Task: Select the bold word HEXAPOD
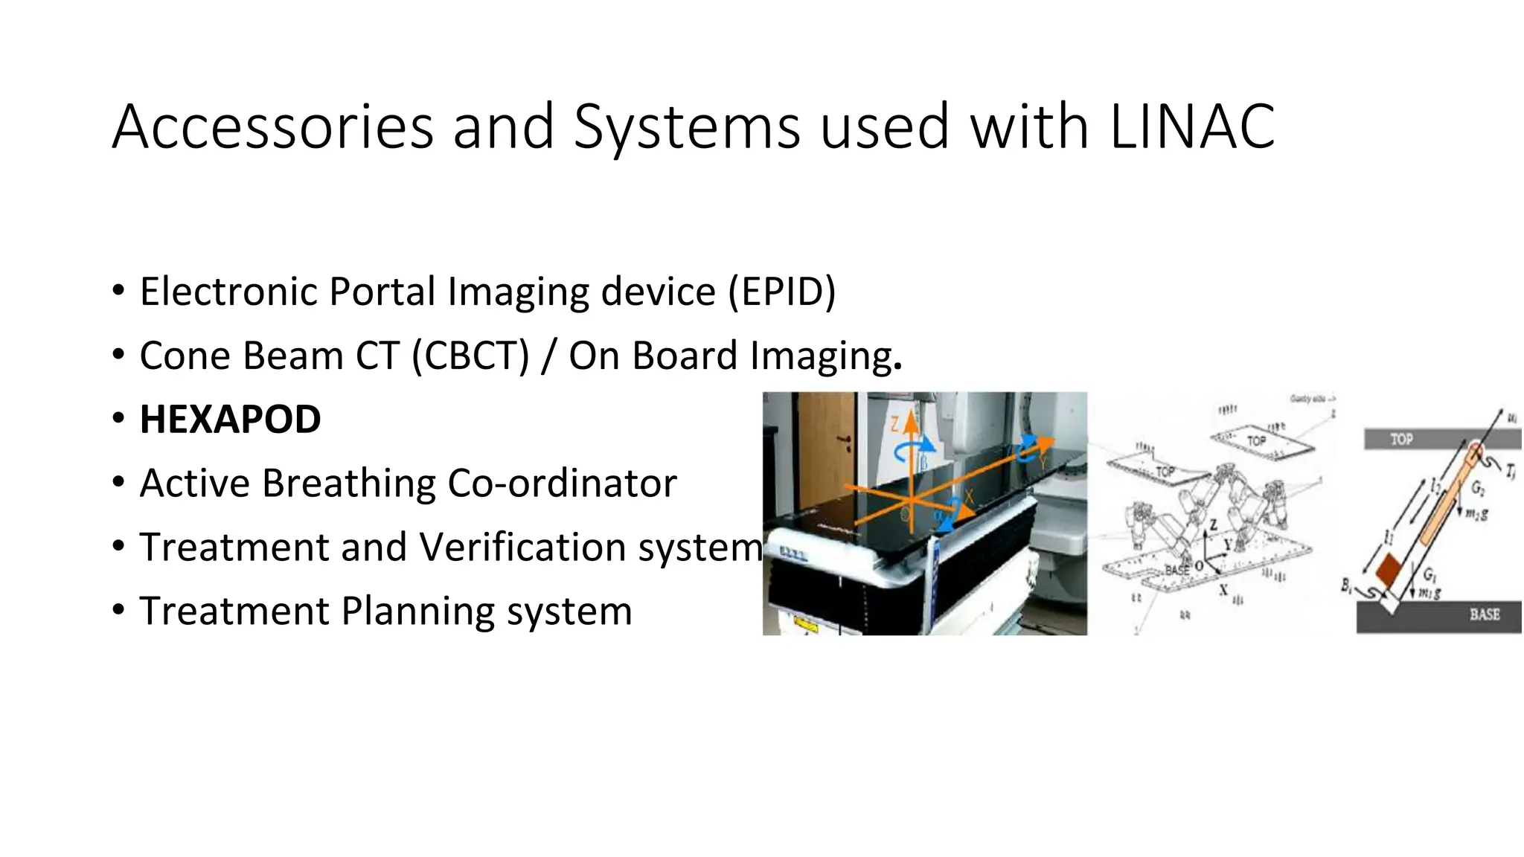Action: pyautogui.click(x=231, y=419)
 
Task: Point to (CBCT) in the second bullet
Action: pyautogui.click(x=470, y=355)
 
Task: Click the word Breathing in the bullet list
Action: pyautogui.click(x=350, y=483)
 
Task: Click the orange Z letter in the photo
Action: pyautogui.click(x=895, y=424)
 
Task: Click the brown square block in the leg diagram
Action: pyautogui.click(x=1389, y=569)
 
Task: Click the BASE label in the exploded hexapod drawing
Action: pyautogui.click(x=1176, y=570)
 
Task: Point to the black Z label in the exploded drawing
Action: pyautogui.click(x=1213, y=525)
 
